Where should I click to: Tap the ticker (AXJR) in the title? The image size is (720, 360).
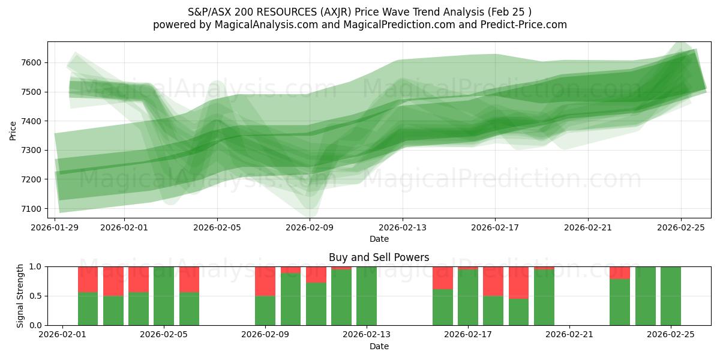pyautogui.click(x=341, y=12)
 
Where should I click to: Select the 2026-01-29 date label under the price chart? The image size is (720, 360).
pyautogui.click(x=55, y=227)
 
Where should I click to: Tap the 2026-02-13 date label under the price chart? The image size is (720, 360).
pyautogui.click(x=403, y=227)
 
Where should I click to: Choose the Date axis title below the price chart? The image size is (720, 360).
pyautogui.click(x=379, y=239)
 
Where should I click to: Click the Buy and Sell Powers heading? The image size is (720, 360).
pyautogui.click(x=379, y=257)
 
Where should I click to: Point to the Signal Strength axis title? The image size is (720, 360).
pyautogui.click(x=20, y=296)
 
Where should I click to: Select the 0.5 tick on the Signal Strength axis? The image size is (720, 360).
pyautogui.click(x=36, y=296)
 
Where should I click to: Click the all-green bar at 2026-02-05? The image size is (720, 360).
pyautogui.click(x=164, y=296)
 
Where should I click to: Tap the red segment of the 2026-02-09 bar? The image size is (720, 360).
pyautogui.click(x=265, y=281)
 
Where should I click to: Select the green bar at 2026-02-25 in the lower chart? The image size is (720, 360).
pyautogui.click(x=671, y=296)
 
